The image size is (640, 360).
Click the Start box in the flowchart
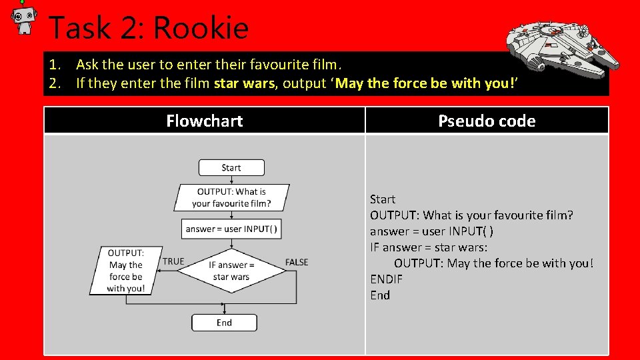click(x=231, y=168)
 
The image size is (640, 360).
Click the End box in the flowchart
click(x=224, y=323)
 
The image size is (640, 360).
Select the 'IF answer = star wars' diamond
click(x=231, y=271)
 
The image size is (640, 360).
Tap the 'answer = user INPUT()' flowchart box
click(x=231, y=229)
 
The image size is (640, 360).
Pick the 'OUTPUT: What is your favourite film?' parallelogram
click(x=231, y=197)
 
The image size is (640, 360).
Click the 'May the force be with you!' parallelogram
click(x=126, y=271)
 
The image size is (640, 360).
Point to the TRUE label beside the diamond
click(x=173, y=261)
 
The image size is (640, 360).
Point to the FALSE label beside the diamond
click(x=297, y=262)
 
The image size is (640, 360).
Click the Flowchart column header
click(x=204, y=121)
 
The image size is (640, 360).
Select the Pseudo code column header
click(x=487, y=121)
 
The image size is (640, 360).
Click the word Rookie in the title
click(x=201, y=29)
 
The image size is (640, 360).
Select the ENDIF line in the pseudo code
click(x=387, y=279)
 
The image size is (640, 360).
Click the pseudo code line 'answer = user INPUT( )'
click(x=431, y=231)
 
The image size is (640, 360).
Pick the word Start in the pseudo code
click(x=383, y=199)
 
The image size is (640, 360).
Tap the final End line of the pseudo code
click(x=380, y=295)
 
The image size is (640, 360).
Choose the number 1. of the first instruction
click(x=55, y=65)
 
